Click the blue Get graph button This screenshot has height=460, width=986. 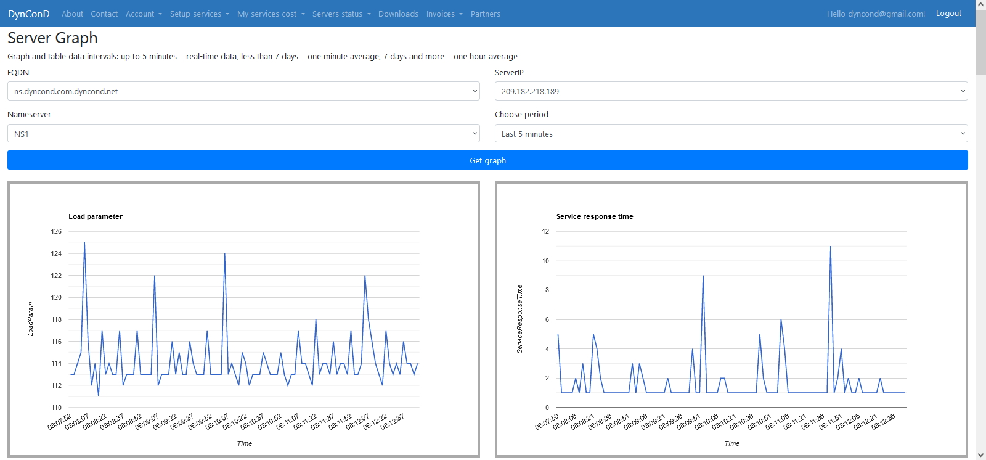[x=487, y=160]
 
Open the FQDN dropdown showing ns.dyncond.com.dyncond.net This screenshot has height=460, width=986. [x=243, y=91]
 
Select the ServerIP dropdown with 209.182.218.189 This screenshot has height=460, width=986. [x=731, y=91]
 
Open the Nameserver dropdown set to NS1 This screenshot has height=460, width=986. [x=243, y=134]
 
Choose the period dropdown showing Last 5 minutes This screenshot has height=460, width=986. [x=731, y=134]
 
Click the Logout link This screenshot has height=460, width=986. [x=948, y=14]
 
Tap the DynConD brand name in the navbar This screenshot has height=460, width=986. [x=28, y=14]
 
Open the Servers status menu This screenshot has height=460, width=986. [x=341, y=14]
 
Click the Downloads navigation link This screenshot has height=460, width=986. [x=398, y=14]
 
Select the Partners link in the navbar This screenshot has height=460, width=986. [x=485, y=14]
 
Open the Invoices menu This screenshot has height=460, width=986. [x=444, y=14]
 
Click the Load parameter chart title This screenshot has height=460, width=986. [x=96, y=216]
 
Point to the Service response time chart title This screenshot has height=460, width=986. [x=595, y=216]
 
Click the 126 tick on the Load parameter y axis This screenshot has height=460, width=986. [x=56, y=231]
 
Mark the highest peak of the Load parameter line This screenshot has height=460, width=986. [x=84, y=243]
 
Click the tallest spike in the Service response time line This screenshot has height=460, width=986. [x=831, y=246]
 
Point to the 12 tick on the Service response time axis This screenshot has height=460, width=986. [x=545, y=231]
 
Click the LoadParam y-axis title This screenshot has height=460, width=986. [x=30, y=319]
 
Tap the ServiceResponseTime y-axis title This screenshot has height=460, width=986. [x=519, y=319]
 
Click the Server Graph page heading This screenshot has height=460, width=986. [x=52, y=38]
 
